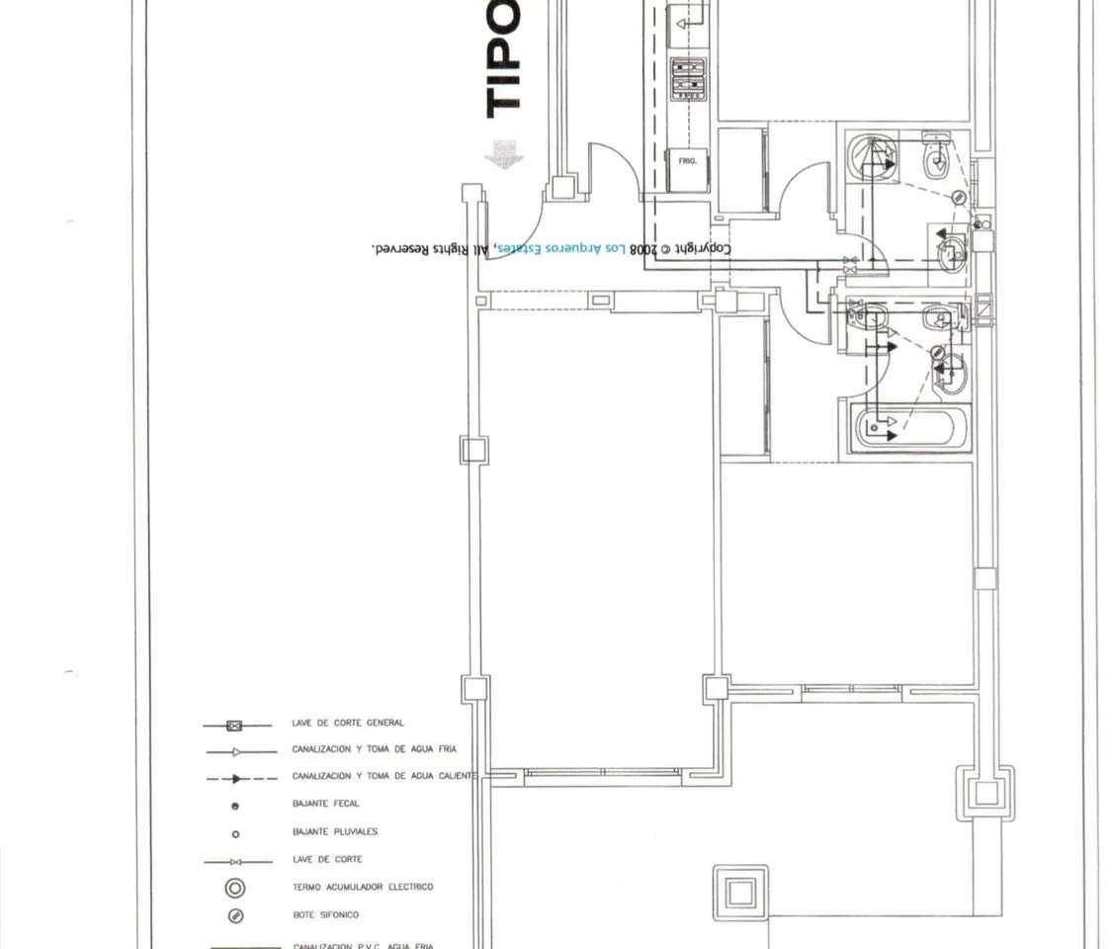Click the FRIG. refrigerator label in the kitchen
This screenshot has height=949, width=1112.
click(x=688, y=159)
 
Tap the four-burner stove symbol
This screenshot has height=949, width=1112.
click(x=689, y=80)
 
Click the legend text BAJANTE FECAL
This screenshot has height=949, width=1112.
click(x=326, y=804)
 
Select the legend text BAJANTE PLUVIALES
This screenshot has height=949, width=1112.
click(x=334, y=831)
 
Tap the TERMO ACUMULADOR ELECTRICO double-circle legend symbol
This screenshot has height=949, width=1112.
click(x=235, y=888)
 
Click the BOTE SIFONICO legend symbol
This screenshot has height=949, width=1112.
click(x=235, y=915)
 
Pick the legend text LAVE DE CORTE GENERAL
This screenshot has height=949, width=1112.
click(x=347, y=724)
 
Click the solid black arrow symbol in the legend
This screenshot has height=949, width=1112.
click(x=236, y=778)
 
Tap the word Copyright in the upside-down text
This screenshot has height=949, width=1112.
click(x=707, y=249)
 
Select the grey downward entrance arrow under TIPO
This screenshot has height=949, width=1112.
click(x=504, y=154)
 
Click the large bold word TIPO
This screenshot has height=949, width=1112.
click(x=503, y=59)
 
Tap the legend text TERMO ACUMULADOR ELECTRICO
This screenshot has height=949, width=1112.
click(x=362, y=888)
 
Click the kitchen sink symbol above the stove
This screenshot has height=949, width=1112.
click(x=688, y=20)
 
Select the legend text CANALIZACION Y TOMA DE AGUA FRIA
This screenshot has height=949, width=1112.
click(x=374, y=750)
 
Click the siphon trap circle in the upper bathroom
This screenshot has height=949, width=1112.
click(x=958, y=198)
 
